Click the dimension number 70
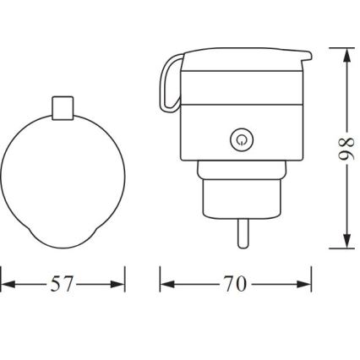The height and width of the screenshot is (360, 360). pos(236,285)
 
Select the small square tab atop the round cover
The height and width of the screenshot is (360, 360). pos(63,107)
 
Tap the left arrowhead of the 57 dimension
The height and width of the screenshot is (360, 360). pos(6,285)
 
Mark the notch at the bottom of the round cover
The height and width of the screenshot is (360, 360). pos(63,242)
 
